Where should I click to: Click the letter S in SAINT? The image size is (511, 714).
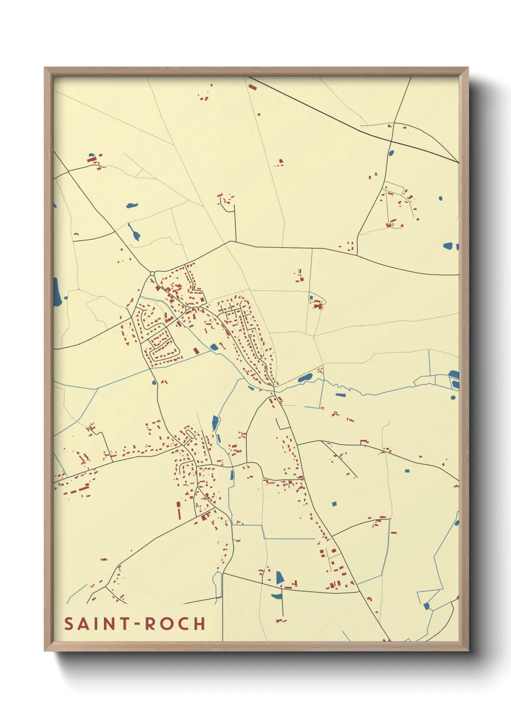coord(69,624)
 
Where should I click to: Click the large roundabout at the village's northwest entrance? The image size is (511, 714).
coord(153,274)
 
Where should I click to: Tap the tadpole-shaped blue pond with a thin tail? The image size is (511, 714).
coord(135,233)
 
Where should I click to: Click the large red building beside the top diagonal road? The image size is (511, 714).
coord(252,87)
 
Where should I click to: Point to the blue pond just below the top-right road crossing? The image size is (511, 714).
coord(391,154)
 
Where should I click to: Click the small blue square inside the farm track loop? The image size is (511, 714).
coord(312,297)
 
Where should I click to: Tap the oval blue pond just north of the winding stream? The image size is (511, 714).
coord(305,378)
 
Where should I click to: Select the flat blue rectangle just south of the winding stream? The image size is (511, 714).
coord(341,395)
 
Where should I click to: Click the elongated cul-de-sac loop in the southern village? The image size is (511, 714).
coord(190,435)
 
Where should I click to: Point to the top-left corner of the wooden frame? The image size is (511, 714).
coord(45,68)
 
